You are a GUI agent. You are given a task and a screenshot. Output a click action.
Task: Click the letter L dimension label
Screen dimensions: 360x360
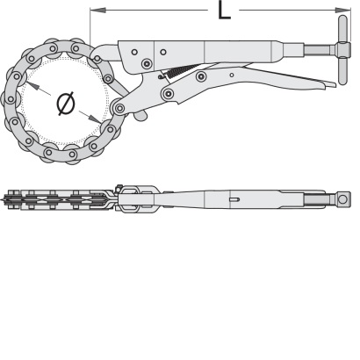point(224,11)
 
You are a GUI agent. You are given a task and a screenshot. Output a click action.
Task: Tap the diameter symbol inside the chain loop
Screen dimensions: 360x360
point(66,104)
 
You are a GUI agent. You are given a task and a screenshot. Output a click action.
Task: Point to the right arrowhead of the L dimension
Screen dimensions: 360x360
point(347,11)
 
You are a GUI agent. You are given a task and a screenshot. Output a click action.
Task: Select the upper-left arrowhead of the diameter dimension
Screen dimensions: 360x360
point(32,86)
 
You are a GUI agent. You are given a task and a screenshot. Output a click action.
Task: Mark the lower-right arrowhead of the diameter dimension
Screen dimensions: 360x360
point(96,119)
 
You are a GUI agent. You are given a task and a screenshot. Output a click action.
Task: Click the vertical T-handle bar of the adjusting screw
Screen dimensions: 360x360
point(342,50)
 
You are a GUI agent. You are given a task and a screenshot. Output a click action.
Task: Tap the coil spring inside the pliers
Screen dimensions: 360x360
point(178,72)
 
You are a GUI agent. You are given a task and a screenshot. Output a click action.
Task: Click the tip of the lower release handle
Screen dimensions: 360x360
point(335,84)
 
